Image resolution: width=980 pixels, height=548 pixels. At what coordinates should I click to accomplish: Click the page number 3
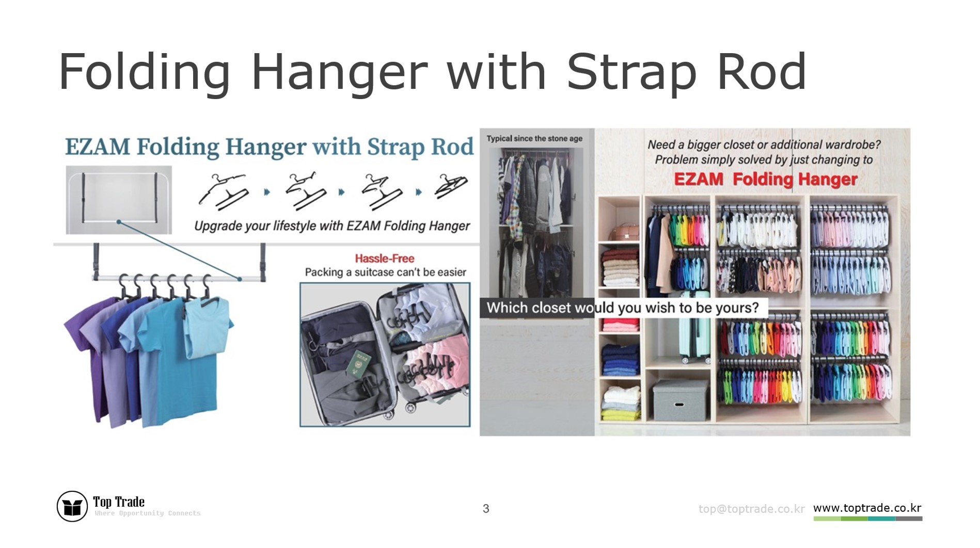485,509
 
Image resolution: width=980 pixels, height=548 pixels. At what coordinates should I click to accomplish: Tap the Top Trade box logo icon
72,506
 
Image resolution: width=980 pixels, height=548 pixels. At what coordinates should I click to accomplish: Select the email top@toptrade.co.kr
751,509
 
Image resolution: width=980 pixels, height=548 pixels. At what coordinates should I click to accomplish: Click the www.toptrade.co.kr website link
867,508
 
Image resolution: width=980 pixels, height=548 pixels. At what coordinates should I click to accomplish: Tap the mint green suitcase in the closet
694,338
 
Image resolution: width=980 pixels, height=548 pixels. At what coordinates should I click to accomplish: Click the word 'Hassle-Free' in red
384,259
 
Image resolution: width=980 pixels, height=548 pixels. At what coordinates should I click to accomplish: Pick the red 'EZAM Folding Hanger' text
765,180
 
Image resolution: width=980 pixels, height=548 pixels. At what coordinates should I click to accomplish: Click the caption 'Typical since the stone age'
534,138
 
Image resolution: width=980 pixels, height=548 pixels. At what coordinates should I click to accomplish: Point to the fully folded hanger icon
451,186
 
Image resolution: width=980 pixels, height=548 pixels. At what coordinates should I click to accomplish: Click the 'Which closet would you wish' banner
623,308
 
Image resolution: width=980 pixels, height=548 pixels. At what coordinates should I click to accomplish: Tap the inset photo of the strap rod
119,200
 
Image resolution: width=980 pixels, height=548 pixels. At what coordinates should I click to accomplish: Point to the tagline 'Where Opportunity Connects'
147,513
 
